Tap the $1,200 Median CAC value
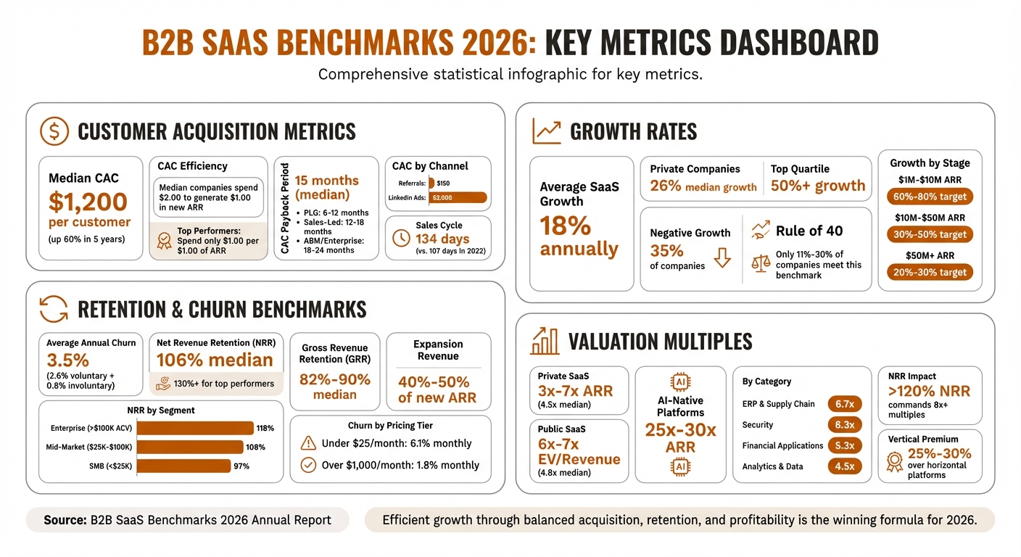88,202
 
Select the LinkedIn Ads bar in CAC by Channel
458,197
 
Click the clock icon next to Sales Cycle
400,238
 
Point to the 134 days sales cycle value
442,239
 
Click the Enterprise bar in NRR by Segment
195,428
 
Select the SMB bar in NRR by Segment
183,466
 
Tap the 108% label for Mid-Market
256,447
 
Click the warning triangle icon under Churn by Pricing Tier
308,443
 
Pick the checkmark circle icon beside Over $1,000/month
308,465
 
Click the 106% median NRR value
215,360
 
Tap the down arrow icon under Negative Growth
722,257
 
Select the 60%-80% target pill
929,197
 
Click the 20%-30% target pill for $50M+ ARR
929,272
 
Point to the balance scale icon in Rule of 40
761,262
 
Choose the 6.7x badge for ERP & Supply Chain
844,404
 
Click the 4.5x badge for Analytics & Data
844,466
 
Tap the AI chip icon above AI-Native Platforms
680,381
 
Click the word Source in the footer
65,519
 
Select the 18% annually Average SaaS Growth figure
578,237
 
